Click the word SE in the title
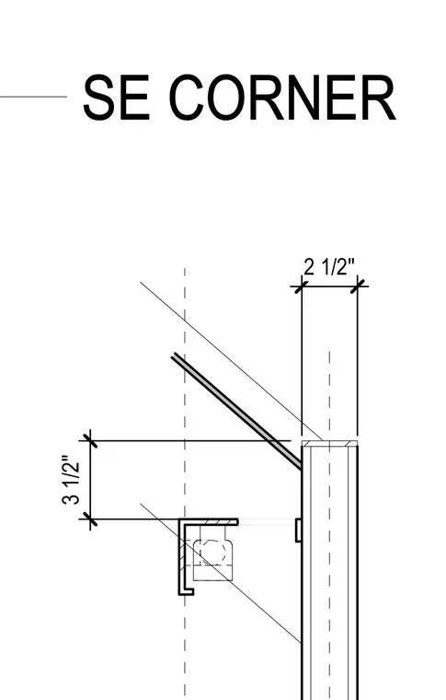pyautogui.click(x=116, y=98)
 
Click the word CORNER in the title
pyautogui.click(x=283, y=98)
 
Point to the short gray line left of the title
pyautogui.click(x=33, y=97)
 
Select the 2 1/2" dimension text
pyautogui.click(x=329, y=267)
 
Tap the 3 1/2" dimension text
pyautogui.click(x=72, y=480)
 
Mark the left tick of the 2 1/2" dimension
pyautogui.click(x=302, y=286)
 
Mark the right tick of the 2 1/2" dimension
pyautogui.click(x=358, y=286)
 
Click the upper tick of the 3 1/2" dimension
pyautogui.click(x=90, y=440)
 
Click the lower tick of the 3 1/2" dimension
pyautogui.click(x=90, y=519)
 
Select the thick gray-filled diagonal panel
pyautogui.click(x=237, y=411)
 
